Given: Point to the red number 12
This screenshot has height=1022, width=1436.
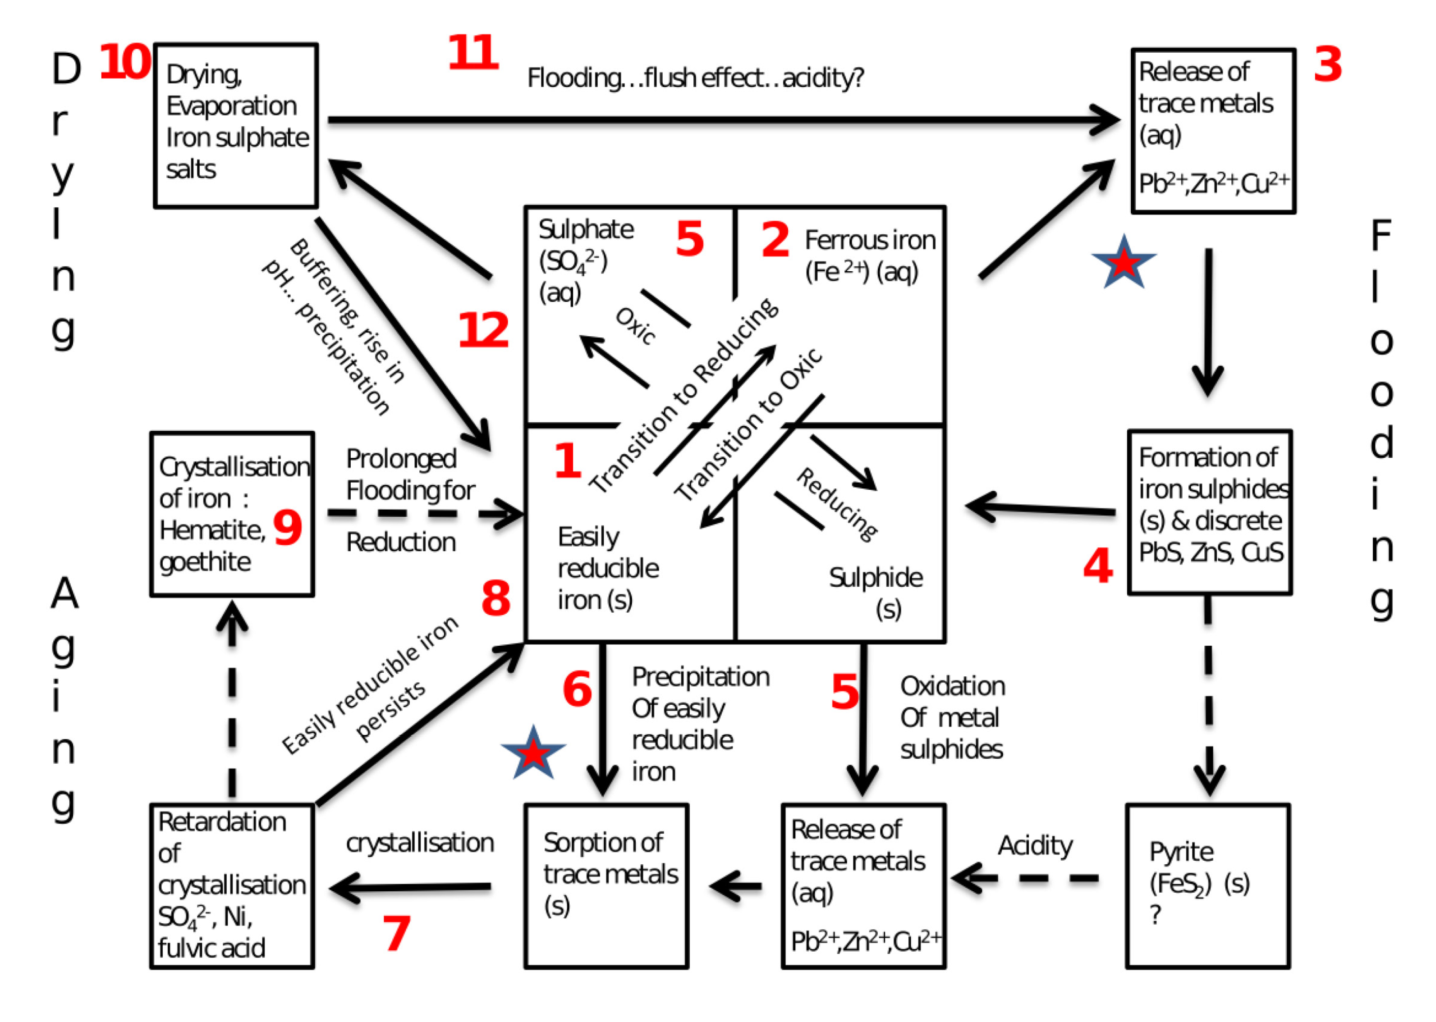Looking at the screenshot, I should click(x=483, y=330).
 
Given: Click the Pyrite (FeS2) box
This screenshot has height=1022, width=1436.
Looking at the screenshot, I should click(x=1207, y=885).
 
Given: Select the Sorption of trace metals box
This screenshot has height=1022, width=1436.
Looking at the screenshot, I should click(x=606, y=885).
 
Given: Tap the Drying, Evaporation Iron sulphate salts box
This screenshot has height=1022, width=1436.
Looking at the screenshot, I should click(x=236, y=126).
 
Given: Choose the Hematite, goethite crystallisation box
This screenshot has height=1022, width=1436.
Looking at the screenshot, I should click(x=232, y=514).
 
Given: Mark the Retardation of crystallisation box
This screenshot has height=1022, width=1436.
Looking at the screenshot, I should click(x=232, y=885).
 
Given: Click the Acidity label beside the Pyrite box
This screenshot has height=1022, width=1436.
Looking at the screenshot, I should click(x=1035, y=846).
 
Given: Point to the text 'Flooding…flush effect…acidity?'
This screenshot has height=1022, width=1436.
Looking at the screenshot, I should click(x=695, y=78).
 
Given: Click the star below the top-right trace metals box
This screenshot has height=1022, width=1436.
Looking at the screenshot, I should click(x=1124, y=263).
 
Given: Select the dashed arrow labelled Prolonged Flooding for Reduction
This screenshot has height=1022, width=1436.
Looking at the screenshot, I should click(x=425, y=514).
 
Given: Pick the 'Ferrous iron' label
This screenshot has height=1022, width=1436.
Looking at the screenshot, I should click(x=869, y=241).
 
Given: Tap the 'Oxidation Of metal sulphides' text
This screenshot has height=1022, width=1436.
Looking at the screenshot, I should click(x=952, y=717).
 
